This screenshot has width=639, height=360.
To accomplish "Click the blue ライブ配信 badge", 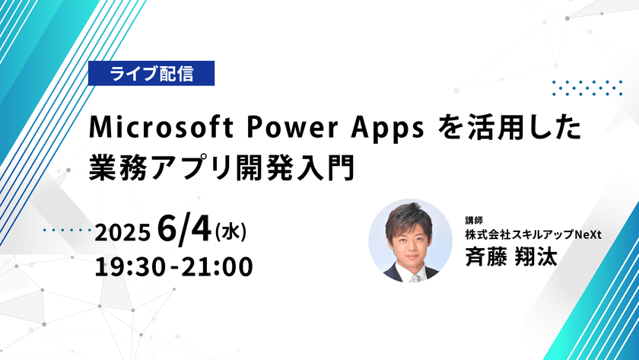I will (x=151, y=74).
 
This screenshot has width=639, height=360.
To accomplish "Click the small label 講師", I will (x=474, y=220).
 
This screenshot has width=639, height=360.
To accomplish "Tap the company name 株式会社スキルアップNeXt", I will (x=534, y=235).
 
